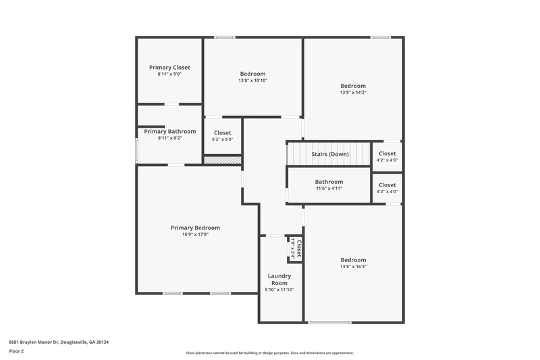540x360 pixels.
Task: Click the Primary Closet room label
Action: [169, 68]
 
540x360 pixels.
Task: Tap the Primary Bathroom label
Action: [169, 131]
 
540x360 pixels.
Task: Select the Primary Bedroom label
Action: [195, 228]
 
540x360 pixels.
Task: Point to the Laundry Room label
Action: [279, 279]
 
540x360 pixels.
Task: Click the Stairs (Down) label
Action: [330, 154]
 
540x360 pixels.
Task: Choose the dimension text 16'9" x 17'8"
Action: [195, 235]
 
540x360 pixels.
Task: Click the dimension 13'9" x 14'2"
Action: [352, 93]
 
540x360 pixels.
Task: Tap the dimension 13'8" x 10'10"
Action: [252, 80]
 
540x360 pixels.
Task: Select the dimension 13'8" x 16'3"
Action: [352, 267]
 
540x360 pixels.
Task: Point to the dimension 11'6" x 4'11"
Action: [329, 188]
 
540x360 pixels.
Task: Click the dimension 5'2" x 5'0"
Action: [223, 140]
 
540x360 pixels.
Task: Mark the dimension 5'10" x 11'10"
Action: [279, 290]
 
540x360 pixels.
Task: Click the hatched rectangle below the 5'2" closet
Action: [223, 160]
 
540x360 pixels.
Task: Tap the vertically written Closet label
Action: [299, 247]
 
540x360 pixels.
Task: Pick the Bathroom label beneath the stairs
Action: [329, 182]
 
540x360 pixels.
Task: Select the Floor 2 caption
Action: [17, 352]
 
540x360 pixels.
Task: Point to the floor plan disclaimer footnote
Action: [269, 353]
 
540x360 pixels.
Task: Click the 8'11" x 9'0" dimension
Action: [169, 74]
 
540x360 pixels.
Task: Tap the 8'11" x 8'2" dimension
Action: [169, 138]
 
